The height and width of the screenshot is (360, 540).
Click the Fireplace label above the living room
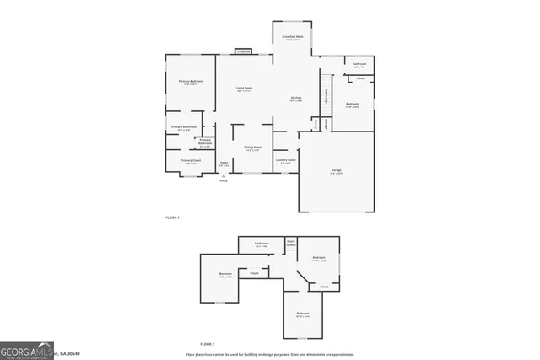(243, 51)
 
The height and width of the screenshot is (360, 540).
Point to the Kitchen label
(296, 99)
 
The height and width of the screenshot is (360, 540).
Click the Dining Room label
(252, 149)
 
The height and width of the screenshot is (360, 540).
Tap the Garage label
(336, 171)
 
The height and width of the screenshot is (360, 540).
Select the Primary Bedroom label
(189, 82)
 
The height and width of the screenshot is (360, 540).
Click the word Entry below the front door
(224, 180)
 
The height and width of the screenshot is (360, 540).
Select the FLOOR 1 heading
(172, 218)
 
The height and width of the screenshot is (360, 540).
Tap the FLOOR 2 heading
(208, 345)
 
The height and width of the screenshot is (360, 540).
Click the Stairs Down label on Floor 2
(291, 244)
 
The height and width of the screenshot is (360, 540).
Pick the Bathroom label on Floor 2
(262, 244)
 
